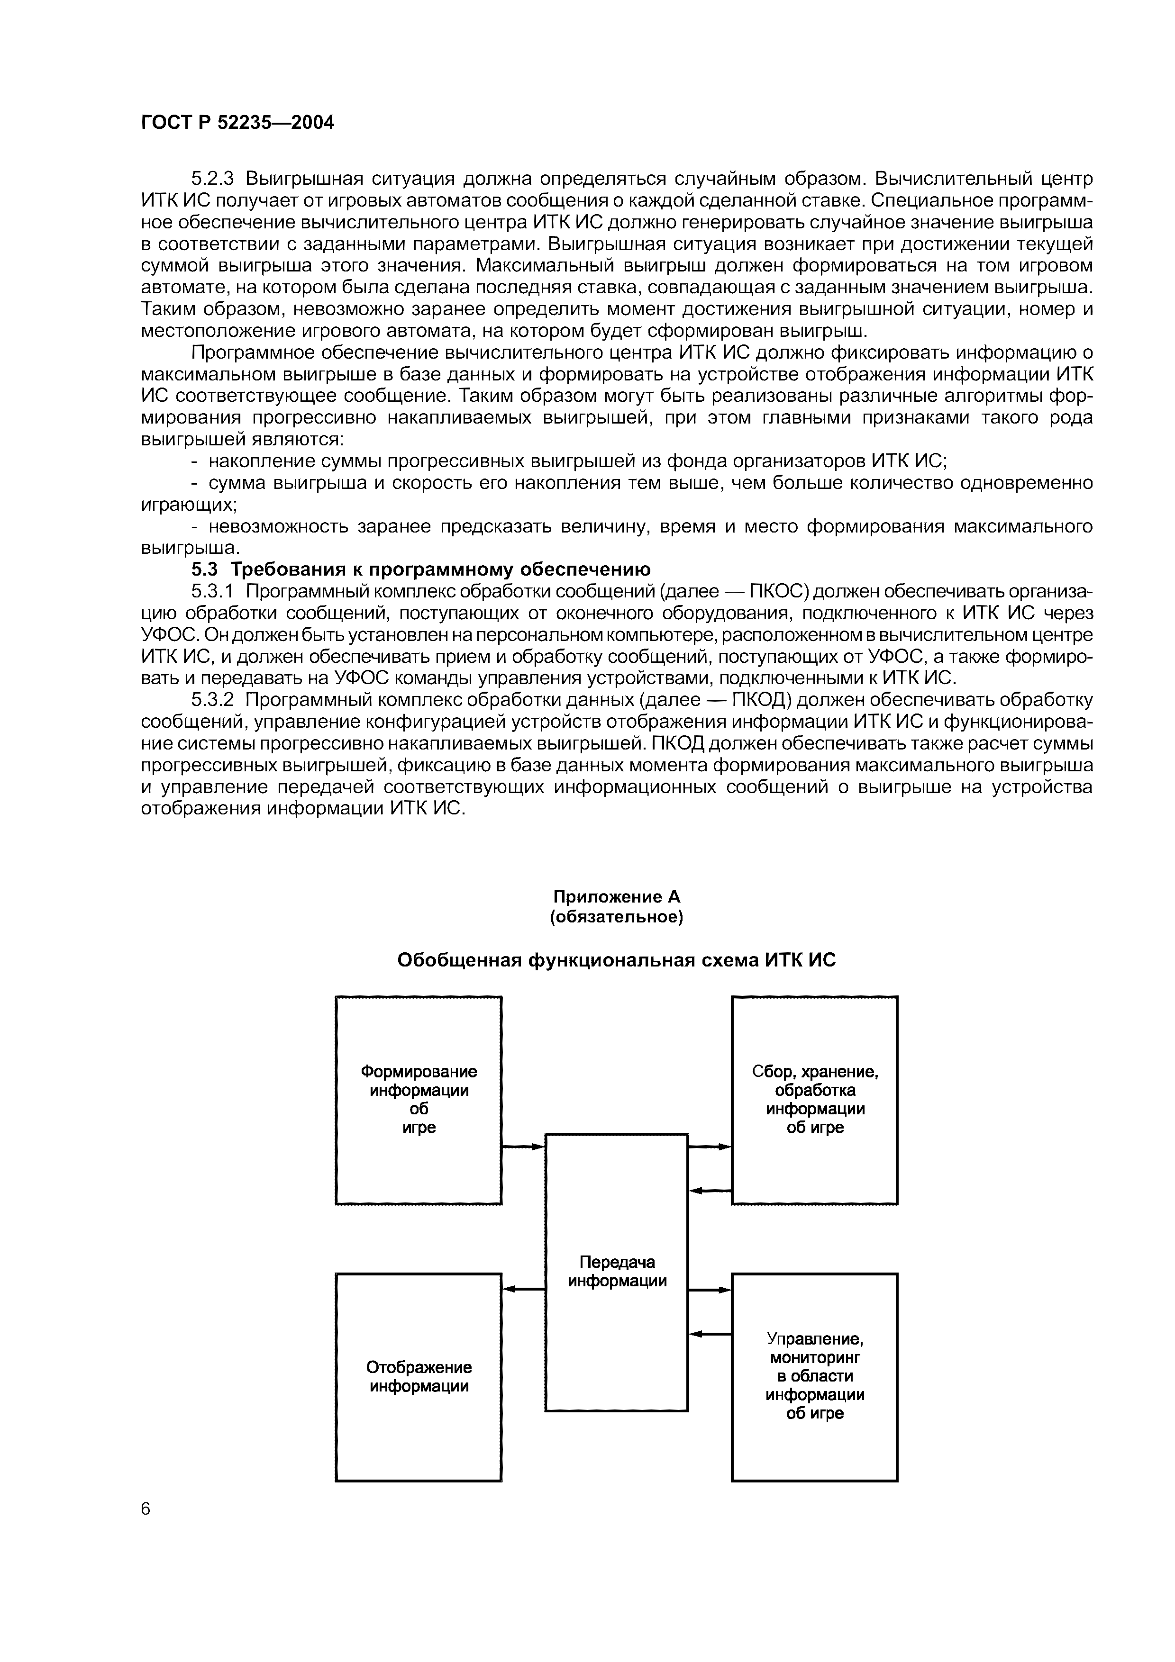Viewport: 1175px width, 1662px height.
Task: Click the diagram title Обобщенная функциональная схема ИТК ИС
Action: [616, 960]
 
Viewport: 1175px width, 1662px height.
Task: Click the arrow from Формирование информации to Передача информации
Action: [523, 1147]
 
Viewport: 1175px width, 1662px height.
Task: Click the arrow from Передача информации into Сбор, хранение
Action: [710, 1147]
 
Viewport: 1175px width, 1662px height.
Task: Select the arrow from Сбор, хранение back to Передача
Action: [710, 1190]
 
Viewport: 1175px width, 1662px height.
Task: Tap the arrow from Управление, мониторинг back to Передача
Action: [710, 1333]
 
